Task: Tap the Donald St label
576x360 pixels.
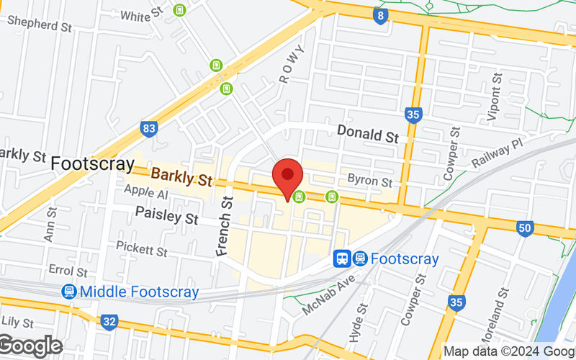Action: (x=368, y=133)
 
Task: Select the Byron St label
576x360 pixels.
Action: (x=369, y=180)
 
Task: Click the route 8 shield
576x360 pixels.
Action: (x=380, y=15)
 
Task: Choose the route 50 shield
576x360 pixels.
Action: (x=525, y=228)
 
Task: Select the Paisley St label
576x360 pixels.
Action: (x=167, y=215)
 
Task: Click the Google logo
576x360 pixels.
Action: (x=30, y=346)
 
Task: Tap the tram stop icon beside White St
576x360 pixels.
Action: (x=179, y=11)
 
